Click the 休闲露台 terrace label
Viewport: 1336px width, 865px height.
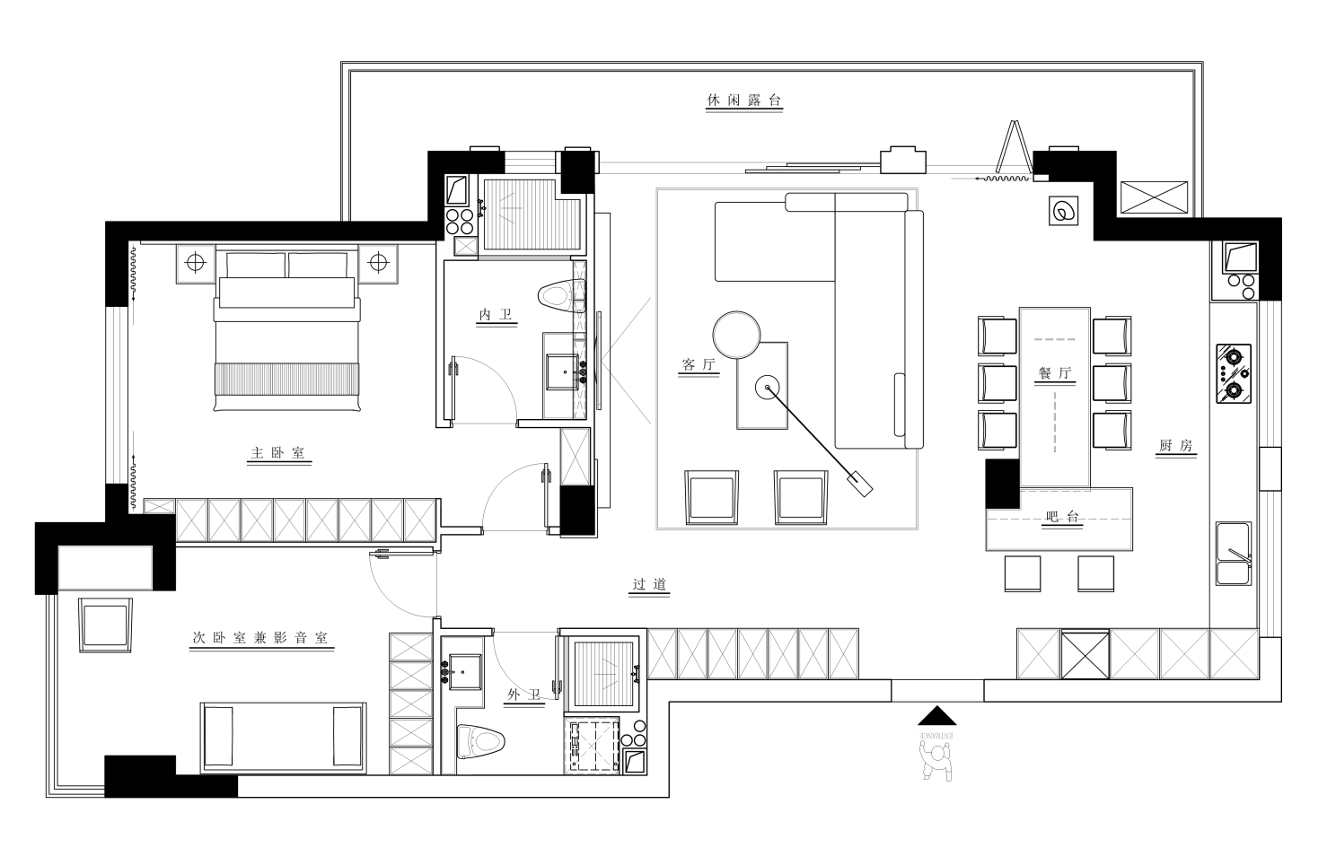(744, 101)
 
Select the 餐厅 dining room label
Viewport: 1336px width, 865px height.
(1054, 373)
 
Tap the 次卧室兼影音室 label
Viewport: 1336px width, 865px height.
(260, 639)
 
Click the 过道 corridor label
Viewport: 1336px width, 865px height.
(649, 585)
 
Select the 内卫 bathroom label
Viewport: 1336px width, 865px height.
(496, 315)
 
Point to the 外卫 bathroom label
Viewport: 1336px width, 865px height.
(524, 695)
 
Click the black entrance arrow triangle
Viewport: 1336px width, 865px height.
(936, 716)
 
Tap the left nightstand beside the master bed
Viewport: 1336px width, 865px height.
(195, 263)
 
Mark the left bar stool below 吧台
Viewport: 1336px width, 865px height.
(1022, 573)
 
